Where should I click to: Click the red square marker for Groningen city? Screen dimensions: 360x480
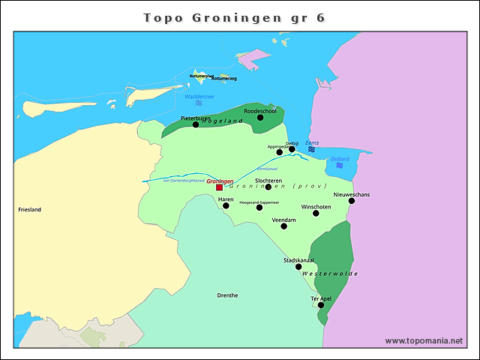point(219,187)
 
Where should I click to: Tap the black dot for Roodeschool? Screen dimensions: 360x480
point(260,117)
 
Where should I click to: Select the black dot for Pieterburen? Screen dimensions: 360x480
point(196,124)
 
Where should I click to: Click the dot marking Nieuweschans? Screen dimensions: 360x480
point(351,200)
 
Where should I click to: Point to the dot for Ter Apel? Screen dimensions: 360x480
point(320,304)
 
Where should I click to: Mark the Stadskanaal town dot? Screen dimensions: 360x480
point(298,266)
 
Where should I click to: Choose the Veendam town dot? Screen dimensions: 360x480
point(283,226)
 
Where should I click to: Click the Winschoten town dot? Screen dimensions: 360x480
point(316,213)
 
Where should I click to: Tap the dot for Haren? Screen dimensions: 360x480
point(226,205)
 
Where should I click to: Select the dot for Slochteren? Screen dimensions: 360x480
point(268,187)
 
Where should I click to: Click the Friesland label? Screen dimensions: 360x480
point(29,210)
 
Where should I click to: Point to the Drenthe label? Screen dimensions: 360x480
point(227,295)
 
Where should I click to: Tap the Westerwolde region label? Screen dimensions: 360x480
point(330,274)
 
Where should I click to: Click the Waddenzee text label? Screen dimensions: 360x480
point(199,96)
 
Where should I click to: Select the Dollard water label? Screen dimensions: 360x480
point(340,159)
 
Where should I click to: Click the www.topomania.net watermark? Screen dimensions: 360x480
point(424,340)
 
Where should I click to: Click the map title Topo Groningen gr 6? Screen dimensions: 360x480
point(235,17)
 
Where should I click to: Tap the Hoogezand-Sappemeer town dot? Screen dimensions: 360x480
point(259,208)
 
